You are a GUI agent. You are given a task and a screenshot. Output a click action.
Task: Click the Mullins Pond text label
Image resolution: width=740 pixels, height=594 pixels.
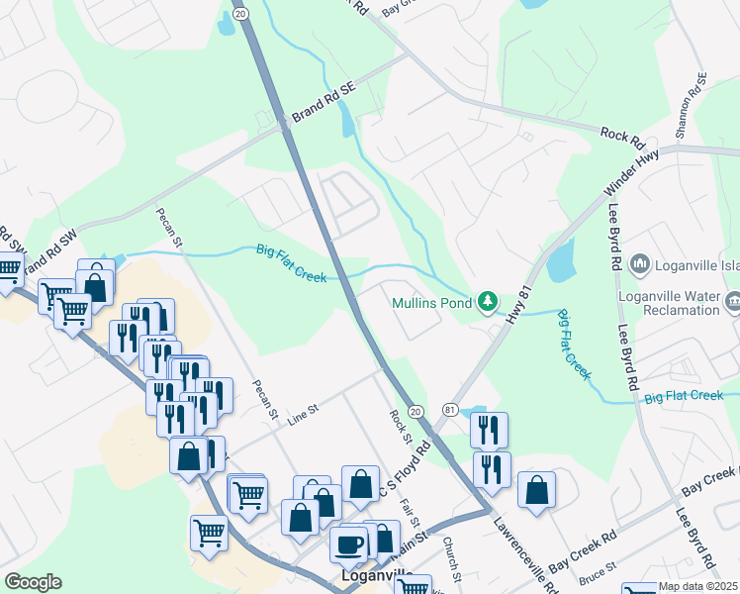tap(431, 304)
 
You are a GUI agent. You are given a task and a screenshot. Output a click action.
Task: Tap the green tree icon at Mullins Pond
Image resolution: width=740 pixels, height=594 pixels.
tap(487, 301)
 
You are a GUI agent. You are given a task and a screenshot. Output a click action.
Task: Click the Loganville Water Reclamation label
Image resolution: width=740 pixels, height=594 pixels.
tap(669, 302)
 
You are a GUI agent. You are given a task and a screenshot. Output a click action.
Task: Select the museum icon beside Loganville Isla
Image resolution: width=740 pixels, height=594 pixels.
tap(639, 264)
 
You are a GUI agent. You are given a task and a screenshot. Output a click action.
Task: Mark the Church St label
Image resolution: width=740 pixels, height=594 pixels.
tap(452, 557)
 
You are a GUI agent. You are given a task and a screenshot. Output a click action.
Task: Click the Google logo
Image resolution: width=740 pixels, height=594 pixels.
tap(33, 582)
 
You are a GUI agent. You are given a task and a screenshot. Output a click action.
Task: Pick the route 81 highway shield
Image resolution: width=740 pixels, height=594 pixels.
tap(450, 410)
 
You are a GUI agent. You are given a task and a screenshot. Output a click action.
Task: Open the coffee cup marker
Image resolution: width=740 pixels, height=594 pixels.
tap(348, 544)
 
